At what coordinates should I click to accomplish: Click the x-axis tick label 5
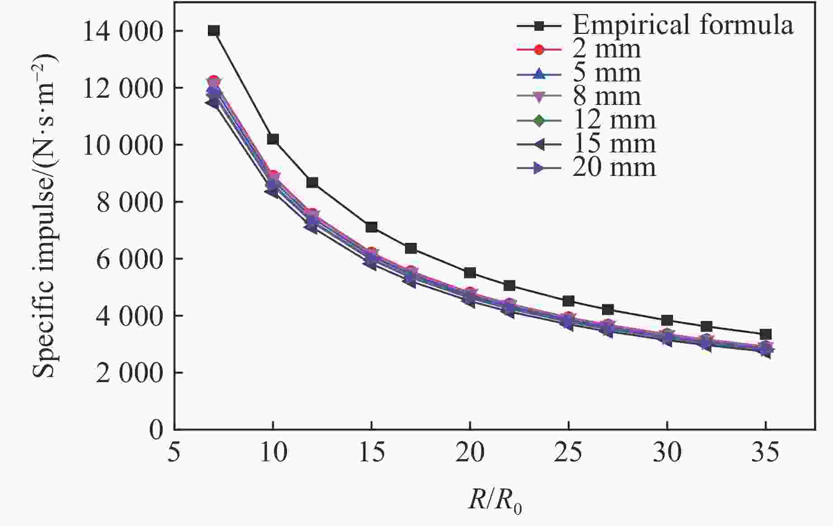[174, 452]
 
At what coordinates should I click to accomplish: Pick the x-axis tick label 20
[470, 452]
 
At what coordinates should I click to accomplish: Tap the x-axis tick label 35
[766, 452]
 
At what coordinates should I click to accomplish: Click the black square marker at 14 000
[214, 31]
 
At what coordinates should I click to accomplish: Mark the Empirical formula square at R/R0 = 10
[273, 139]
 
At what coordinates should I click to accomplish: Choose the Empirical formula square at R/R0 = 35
[766, 335]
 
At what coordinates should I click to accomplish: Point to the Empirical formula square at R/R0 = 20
[470, 273]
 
